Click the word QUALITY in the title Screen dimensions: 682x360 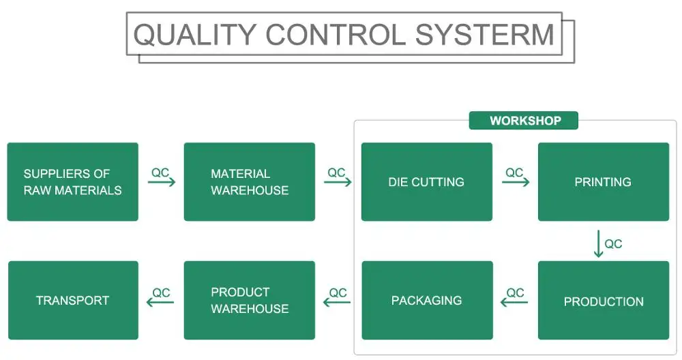(194, 35)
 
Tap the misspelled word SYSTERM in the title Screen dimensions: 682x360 (485, 34)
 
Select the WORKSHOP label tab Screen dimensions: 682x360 (524, 121)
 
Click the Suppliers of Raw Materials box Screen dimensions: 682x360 (73, 182)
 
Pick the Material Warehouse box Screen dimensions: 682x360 (249, 182)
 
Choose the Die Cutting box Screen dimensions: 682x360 (427, 182)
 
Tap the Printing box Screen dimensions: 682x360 (604, 182)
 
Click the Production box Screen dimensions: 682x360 (604, 301)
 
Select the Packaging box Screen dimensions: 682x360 (427, 301)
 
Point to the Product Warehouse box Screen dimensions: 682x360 (249, 301)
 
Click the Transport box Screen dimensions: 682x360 (73, 301)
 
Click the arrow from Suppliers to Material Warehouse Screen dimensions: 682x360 (162, 182)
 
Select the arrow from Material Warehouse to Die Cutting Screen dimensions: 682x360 (338, 182)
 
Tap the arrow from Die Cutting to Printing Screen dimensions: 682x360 (516, 182)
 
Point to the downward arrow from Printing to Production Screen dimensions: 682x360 (599, 244)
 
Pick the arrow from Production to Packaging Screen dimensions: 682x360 (514, 302)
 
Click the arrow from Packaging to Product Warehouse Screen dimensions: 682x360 (337, 302)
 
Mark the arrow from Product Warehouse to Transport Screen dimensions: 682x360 (160, 302)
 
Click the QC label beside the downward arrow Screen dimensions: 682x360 (613, 244)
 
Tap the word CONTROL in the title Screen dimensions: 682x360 (336, 35)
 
